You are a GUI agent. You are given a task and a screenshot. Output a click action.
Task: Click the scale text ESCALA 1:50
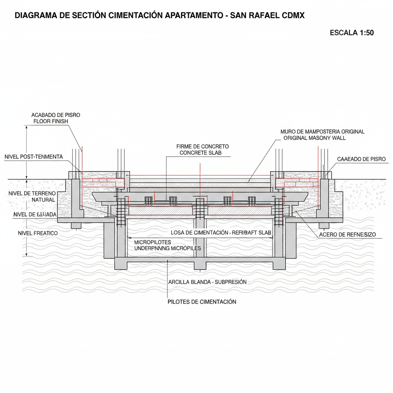click(352, 33)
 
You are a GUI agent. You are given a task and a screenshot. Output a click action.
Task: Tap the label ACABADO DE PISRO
click(56, 115)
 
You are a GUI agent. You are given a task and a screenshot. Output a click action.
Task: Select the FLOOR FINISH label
click(51, 121)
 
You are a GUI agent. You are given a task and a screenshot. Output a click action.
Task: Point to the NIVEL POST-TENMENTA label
click(33, 157)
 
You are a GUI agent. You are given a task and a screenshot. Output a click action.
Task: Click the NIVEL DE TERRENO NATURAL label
click(32, 196)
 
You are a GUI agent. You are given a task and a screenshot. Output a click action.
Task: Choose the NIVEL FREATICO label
click(38, 233)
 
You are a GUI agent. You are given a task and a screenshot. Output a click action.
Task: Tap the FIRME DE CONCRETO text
click(202, 146)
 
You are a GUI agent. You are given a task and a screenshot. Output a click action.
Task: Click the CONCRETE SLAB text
click(200, 153)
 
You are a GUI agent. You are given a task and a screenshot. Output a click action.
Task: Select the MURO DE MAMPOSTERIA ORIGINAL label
click(322, 131)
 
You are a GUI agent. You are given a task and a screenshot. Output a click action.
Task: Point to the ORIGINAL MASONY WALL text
click(314, 138)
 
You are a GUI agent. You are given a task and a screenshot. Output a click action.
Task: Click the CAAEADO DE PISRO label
click(361, 159)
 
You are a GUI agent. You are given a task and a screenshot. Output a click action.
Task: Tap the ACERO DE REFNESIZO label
click(347, 234)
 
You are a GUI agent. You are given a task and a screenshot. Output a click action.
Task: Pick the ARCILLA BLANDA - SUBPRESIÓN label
click(207, 282)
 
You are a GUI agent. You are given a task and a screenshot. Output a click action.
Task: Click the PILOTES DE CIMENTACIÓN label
click(202, 302)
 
